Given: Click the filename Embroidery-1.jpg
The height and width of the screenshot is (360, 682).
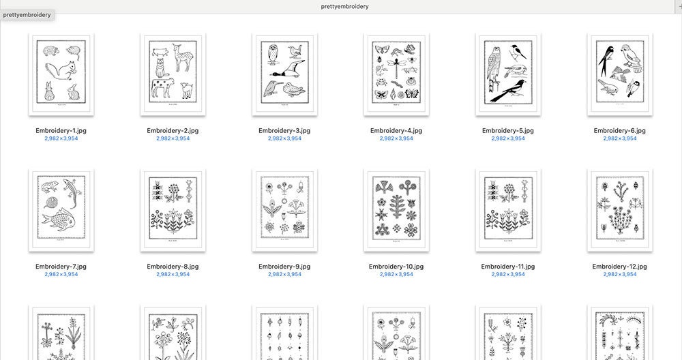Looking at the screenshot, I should tap(61, 130).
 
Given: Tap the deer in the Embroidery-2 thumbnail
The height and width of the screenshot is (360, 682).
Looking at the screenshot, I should tap(183, 58).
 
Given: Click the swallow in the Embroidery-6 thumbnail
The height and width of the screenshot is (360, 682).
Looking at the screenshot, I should tap(604, 59).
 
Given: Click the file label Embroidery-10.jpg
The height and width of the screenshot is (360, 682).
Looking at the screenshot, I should tap(396, 267).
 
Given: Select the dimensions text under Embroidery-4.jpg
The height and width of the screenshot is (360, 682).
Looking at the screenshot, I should tap(396, 138).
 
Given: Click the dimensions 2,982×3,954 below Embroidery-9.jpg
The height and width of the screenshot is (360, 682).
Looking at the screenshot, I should tap(284, 275).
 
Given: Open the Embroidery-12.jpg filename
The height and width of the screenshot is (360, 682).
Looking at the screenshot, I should tap(619, 267).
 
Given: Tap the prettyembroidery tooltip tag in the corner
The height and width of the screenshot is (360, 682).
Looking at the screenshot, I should tap(27, 14).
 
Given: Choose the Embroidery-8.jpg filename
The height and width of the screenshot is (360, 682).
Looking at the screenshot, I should tap(173, 267).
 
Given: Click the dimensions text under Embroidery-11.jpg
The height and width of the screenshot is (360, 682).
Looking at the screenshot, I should tap(508, 275).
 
